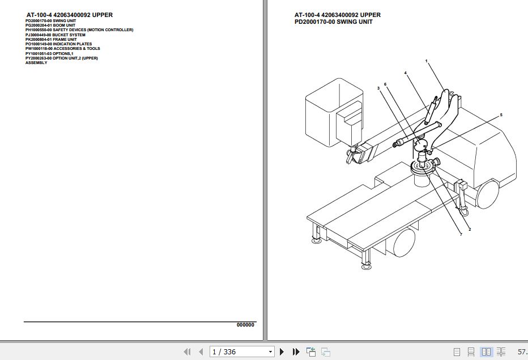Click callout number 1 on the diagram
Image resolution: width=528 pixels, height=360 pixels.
pyautogui.click(x=426, y=61)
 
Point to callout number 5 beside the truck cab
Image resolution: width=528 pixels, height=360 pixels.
pyautogui.click(x=501, y=115)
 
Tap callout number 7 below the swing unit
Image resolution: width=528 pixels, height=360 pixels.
pyautogui.click(x=461, y=235)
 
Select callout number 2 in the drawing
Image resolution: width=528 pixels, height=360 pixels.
pyautogui.click(x=470, y=229)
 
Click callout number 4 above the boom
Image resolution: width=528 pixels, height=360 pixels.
pyautogui.click(x=405, y=73)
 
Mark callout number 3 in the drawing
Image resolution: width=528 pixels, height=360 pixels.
pyautogui.click(x=378, y=88)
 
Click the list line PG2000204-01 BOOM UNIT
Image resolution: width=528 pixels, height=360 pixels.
pyautogui.click(x=50, y=26)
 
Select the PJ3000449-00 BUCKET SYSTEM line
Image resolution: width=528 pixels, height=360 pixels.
pyautogui.click(x=56, y=35)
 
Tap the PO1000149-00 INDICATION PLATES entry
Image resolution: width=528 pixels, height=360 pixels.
pyautogui.click(x=58, y=44)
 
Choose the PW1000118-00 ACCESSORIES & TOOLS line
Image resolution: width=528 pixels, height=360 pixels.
pyautogui.click(x=62, y=49)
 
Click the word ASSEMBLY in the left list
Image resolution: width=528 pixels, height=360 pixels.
pyautogui.click(x=36, y=63)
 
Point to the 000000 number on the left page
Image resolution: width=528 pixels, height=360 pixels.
pyautogui.click(x=245, y=325)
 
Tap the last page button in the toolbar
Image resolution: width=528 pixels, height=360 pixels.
pyautogui.click(x=296, y=352)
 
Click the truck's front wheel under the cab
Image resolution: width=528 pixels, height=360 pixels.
pyautogui.click(x=488, y=194)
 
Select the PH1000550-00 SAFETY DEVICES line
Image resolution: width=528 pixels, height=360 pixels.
pyautogui.click(x=79, y=30)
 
